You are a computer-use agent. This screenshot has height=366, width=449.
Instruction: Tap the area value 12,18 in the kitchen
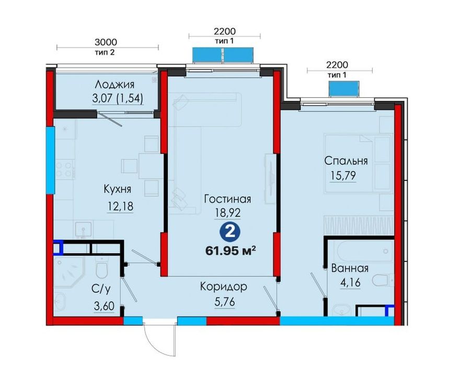(x=121, y=206)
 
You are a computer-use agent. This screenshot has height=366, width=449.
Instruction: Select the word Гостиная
(x=228, y=199)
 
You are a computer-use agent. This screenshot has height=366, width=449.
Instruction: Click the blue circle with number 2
(x=230, y=232)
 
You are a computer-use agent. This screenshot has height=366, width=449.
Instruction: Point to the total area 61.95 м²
(x=231, y=251)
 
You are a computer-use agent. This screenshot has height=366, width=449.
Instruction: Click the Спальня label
(x=346, y=161)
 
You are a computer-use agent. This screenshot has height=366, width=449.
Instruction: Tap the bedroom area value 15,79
(x=343, y=175)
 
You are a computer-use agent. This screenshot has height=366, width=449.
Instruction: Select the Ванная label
(x=350, y=269)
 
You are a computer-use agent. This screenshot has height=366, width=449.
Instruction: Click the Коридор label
(x=223, y=287)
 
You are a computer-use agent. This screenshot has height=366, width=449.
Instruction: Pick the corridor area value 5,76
(x=225, y=302)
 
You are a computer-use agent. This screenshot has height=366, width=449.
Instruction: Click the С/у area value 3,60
(x=104, y=306)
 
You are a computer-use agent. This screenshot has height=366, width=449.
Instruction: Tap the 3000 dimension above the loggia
(x=106, y=42)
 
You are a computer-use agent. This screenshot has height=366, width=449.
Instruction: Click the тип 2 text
(x=105, y=52)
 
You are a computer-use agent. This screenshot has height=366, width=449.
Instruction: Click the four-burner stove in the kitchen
(x=64, y=169)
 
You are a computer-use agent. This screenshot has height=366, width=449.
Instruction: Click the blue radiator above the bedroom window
(x=343, y=89)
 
